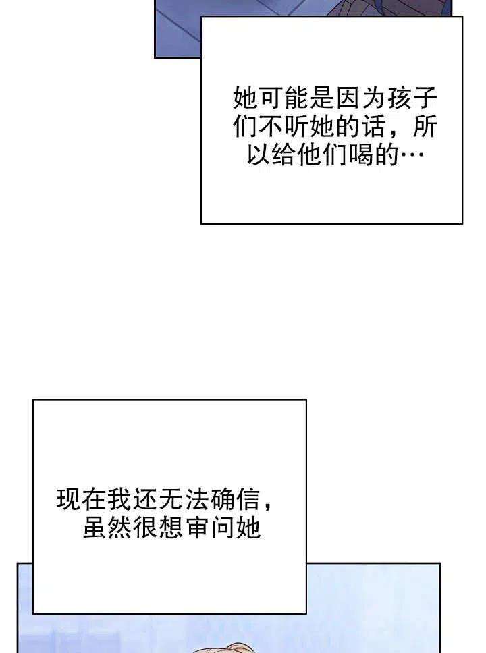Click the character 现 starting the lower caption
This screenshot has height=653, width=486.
(x=68, y=500)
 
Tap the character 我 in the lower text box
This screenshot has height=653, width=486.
(x=119, y=500)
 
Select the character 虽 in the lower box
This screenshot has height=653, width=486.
(x=94, y=528)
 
